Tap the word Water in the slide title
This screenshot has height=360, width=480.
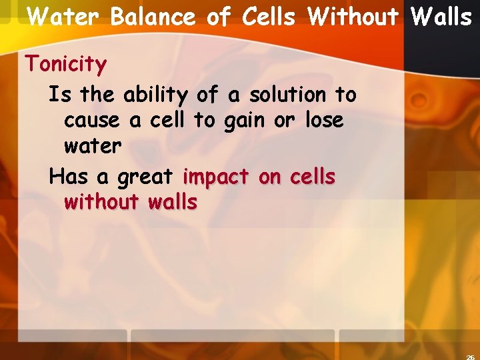pos(65,17)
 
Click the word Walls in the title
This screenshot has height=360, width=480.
pos(442,17)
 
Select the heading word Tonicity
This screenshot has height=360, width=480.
pos(65,65)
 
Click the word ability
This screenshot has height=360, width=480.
pos(157,95)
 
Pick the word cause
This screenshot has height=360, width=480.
pos(92,121)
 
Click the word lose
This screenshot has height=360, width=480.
pos(324,121)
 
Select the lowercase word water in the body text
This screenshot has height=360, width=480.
pos(93,146)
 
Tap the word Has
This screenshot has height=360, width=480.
pos(69,177)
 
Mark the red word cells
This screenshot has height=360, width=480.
pos(310,177)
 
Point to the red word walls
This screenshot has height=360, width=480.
pos(173,201)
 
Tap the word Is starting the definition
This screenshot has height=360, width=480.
pos(59,95)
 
